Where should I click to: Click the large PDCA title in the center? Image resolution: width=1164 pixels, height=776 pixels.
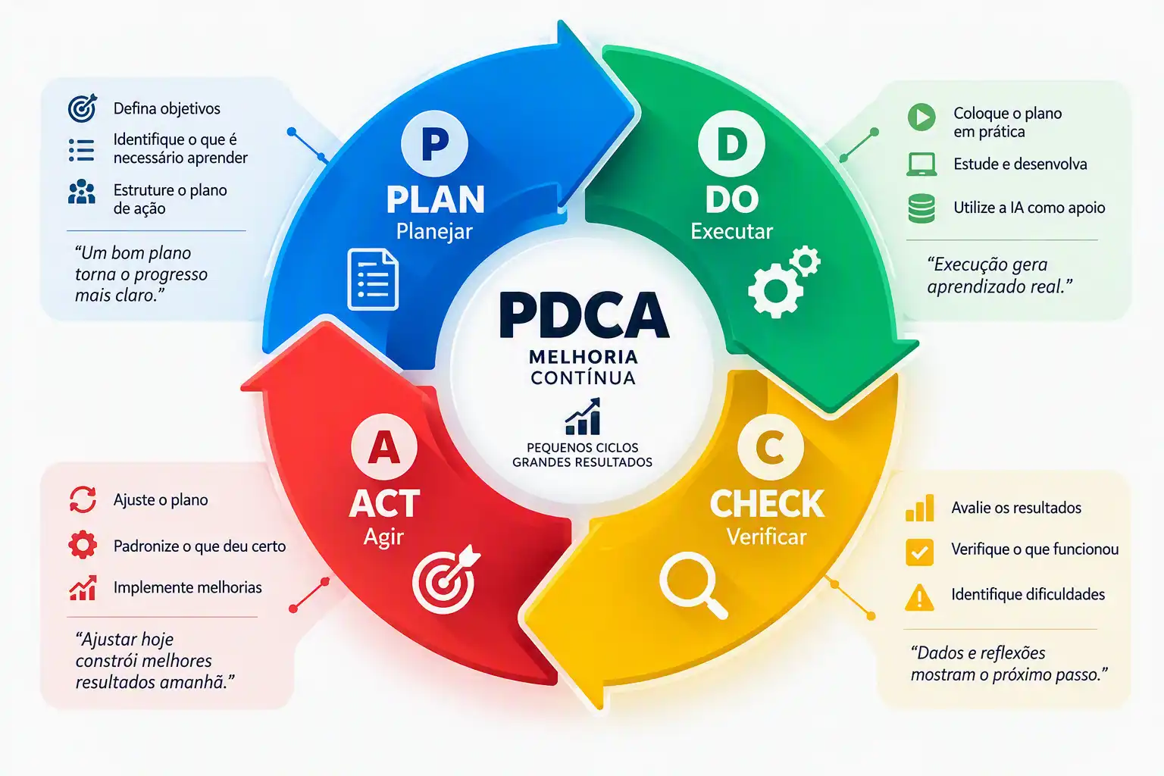[x=584, y=315]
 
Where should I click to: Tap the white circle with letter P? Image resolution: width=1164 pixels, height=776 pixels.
[x=434, y=143]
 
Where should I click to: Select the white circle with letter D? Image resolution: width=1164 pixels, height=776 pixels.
[x=731, y=143]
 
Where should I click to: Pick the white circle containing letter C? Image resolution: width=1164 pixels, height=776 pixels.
[x=770, y=447]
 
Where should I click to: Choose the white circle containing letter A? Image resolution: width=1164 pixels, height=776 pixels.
[x=384, y=447]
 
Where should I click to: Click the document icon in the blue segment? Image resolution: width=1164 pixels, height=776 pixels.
[x=373, y=279]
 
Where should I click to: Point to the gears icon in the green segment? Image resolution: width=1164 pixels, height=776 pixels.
[x=784, y=280]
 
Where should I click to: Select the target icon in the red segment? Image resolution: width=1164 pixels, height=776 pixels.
[x=446, y=579]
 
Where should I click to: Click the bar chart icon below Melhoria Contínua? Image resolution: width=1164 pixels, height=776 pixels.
[x=583, y=416]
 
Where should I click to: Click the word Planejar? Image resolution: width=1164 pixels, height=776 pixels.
[x=434, y=231]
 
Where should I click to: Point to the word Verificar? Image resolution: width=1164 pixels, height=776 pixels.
[x=766, y=537]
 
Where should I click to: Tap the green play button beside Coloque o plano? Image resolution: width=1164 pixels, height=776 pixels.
[x=921, y=117]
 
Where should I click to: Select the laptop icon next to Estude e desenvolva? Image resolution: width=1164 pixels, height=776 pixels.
[x=921, y=164]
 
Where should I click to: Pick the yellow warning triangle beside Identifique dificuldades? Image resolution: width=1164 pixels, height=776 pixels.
[x=919, y=596]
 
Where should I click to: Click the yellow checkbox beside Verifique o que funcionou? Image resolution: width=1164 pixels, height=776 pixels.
[x=919, y=552]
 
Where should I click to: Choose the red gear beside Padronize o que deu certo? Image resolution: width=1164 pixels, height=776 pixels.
[x=83, y=545]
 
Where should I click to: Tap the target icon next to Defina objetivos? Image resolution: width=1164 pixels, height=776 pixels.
[x=83, y=108]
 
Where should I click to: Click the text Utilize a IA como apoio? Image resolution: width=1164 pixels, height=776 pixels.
[x=1029, y=208]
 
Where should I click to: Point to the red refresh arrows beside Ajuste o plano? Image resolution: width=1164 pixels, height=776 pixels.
[x=83, y=499]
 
